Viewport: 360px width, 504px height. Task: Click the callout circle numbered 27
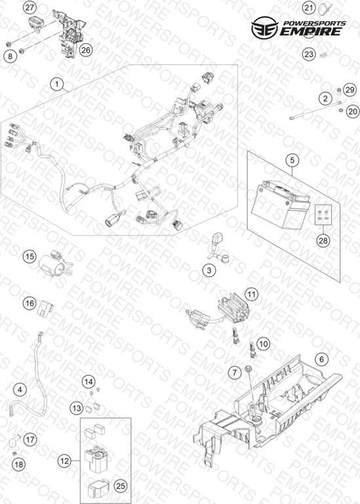pyautogui.click(x=30, y=8)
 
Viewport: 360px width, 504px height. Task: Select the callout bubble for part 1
pyautogui.click(x=57, y=85)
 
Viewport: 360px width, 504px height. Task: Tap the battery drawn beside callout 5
pyautogui.click(x=281, y=205)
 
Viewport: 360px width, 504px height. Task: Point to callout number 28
pyautogui.click(x=323, y=240)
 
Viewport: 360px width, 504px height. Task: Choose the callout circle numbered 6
pyautogui.click(x=322, y=359)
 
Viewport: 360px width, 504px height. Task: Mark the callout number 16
pyautogui.click(x=30, y=303)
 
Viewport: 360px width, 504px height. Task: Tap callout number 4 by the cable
pyautogui.click(x=20, y=390)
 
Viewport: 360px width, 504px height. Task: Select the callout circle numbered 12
pyautogui.click(x=64, y=461)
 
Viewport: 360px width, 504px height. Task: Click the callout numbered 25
pyautogui.click(x=120, y=486)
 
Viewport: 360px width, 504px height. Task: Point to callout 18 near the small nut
pyautogui.click(x=19, y=464)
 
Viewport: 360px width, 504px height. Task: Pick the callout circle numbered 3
pyautogui.click(x=209, y=270)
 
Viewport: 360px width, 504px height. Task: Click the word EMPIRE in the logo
pyautogui.click(x=310, y=31)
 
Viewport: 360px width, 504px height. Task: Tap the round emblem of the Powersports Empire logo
pyautogui.click(x=265, y=28)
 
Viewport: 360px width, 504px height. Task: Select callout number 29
pyautogui.click(x=350, y=90)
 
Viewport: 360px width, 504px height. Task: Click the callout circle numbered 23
pyautogui.click(x=309, y=54)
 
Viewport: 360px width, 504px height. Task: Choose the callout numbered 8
pyautogui.click(x=10, y=56)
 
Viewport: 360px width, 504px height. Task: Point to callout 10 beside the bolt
pyautogui.click(x=264, y=344)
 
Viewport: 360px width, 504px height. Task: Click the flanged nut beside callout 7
pyautogui.click(x=248, y=369)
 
